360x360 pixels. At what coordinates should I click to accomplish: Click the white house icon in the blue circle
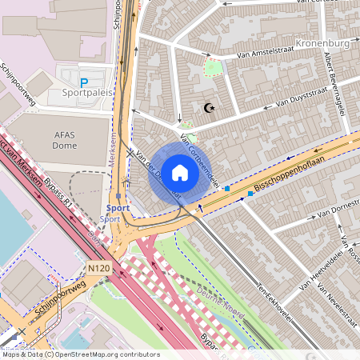[x=180, y=172]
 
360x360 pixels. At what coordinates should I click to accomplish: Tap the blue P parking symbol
[x=84, y=82]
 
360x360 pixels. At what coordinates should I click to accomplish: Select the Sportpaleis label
[x=87, y=93]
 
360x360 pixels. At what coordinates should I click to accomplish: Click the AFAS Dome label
[x=65, y=140]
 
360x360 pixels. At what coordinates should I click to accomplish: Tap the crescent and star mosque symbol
[x=210, y=108]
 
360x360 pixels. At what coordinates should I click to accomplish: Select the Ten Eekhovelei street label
[x=274, y=298]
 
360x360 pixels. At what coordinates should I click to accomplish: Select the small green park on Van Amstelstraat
[x=213, y=68]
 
